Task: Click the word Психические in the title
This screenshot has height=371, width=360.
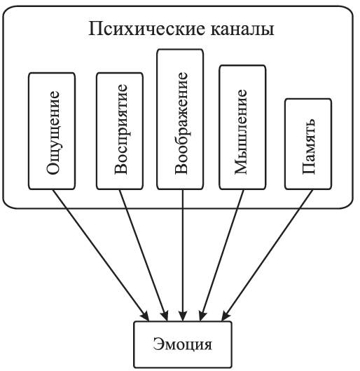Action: [x=146, y=29]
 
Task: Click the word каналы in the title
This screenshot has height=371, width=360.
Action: [x=242, y=29]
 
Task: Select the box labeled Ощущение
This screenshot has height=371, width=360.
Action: [x=52, y=131]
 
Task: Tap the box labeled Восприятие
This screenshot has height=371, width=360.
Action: [x=120, y=131]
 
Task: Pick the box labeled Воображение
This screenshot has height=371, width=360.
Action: [x=180, y=119]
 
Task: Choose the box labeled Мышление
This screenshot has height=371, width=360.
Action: [x=242, y=128]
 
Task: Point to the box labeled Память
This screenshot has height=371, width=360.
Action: [x=308, y=144]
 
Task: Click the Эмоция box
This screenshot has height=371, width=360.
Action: [x=183, y=344]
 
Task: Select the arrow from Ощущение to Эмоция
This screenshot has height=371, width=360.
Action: [x=100, y=255]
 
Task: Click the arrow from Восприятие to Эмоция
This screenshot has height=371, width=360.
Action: [x=144, y=255]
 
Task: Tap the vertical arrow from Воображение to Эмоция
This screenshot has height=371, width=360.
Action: [x=183, y=255]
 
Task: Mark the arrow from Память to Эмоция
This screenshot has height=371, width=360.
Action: [x=268, y=255]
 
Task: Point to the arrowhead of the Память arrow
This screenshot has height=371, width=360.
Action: [x=226, y=316]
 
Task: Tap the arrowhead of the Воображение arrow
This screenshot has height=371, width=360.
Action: [x=183, y=316]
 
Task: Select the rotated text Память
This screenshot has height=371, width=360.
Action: [x=309, y=146]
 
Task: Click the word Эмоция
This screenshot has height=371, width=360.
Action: [x=182, y=344]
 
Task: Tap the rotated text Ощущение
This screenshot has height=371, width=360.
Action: [x=53, y=133]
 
